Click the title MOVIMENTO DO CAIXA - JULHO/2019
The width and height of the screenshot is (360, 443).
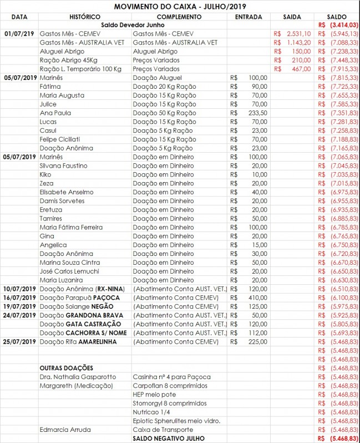click(x=180, y=7)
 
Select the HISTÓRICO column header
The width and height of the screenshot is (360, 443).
click(x=85, y=17)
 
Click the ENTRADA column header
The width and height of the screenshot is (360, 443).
click(x=249, y=17)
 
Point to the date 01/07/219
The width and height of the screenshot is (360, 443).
click(x=19, y=34)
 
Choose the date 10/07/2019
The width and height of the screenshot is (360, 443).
click(x=19, y=289)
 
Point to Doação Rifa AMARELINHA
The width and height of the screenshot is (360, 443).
click(x=78, y=341)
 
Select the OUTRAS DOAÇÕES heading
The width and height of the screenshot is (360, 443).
click(x=66, y=368)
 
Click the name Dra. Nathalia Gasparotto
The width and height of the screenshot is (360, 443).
click(x=78, y=377)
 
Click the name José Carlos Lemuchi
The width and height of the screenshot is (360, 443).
click(x=69, y=271)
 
